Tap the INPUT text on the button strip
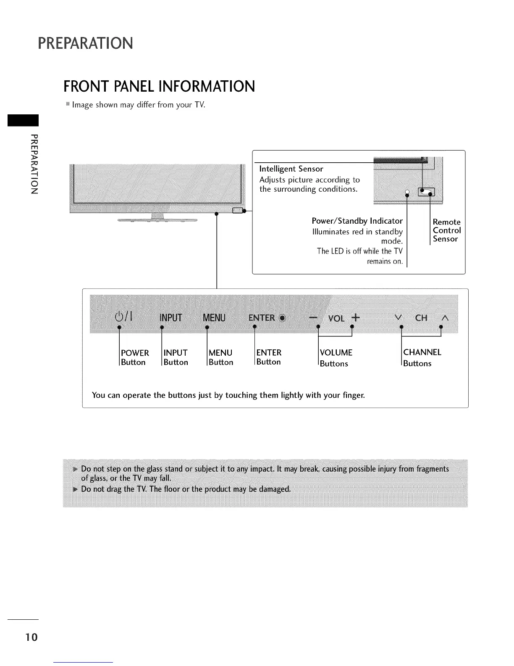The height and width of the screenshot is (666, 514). [x=171, y=317]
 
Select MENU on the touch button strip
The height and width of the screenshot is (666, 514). [x=214, y=317]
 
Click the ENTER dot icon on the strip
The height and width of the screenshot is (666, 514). [x=282, y=318]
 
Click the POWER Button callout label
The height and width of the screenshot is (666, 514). [x=134, y=357]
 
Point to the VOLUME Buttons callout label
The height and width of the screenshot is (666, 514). [x=336, y=358]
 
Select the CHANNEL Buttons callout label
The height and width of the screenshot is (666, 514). [x=422, y=357]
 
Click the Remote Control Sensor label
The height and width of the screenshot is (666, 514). [x=447, y=230]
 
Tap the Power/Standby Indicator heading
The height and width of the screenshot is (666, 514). [x=357, y=221]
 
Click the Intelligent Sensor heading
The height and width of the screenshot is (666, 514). [x=291, y=169]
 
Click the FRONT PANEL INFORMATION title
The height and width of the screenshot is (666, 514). [x=159, y=86]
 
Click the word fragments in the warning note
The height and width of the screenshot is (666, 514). [x=433, y=468]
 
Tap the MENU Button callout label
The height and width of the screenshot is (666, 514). [x=220, y=357]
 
